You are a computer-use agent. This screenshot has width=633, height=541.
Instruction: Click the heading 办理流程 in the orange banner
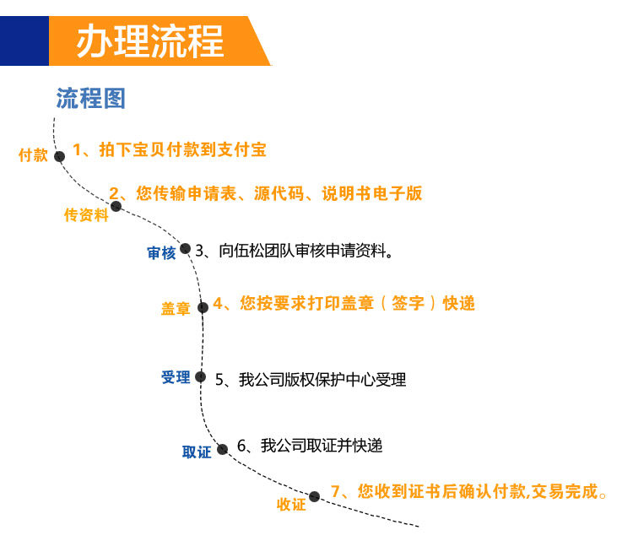(149, 41)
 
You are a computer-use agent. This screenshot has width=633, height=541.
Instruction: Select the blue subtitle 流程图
(90, 98)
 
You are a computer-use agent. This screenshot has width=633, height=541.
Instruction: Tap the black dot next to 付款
(59, 156)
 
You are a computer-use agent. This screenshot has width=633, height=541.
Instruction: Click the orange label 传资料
(86, 215)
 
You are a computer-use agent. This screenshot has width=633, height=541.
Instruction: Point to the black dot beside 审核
(185, 248)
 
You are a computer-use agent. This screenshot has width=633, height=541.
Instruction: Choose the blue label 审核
(161, 253)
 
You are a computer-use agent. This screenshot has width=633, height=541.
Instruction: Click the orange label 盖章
(176, 309)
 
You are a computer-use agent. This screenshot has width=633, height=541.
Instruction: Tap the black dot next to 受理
(200, 377)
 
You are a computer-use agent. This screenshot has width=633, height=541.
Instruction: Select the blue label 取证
(197, 452)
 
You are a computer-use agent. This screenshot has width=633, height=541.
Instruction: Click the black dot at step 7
(314, 495)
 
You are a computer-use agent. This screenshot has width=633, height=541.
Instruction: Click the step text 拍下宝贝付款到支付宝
(170, 150)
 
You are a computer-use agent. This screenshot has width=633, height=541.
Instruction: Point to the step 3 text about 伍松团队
(295, 250)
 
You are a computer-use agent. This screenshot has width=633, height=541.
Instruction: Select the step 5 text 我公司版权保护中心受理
(311, 380)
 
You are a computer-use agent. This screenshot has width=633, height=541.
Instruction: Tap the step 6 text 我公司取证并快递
(310, 446)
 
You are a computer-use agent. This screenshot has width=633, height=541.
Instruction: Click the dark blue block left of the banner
(24, 41)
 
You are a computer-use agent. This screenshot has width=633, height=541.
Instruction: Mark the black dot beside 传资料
(116, 206)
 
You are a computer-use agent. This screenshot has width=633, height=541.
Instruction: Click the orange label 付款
(34, 155)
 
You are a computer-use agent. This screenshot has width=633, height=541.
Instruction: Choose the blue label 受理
(176, 377)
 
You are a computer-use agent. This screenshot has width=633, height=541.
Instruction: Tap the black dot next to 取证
(222, 449)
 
